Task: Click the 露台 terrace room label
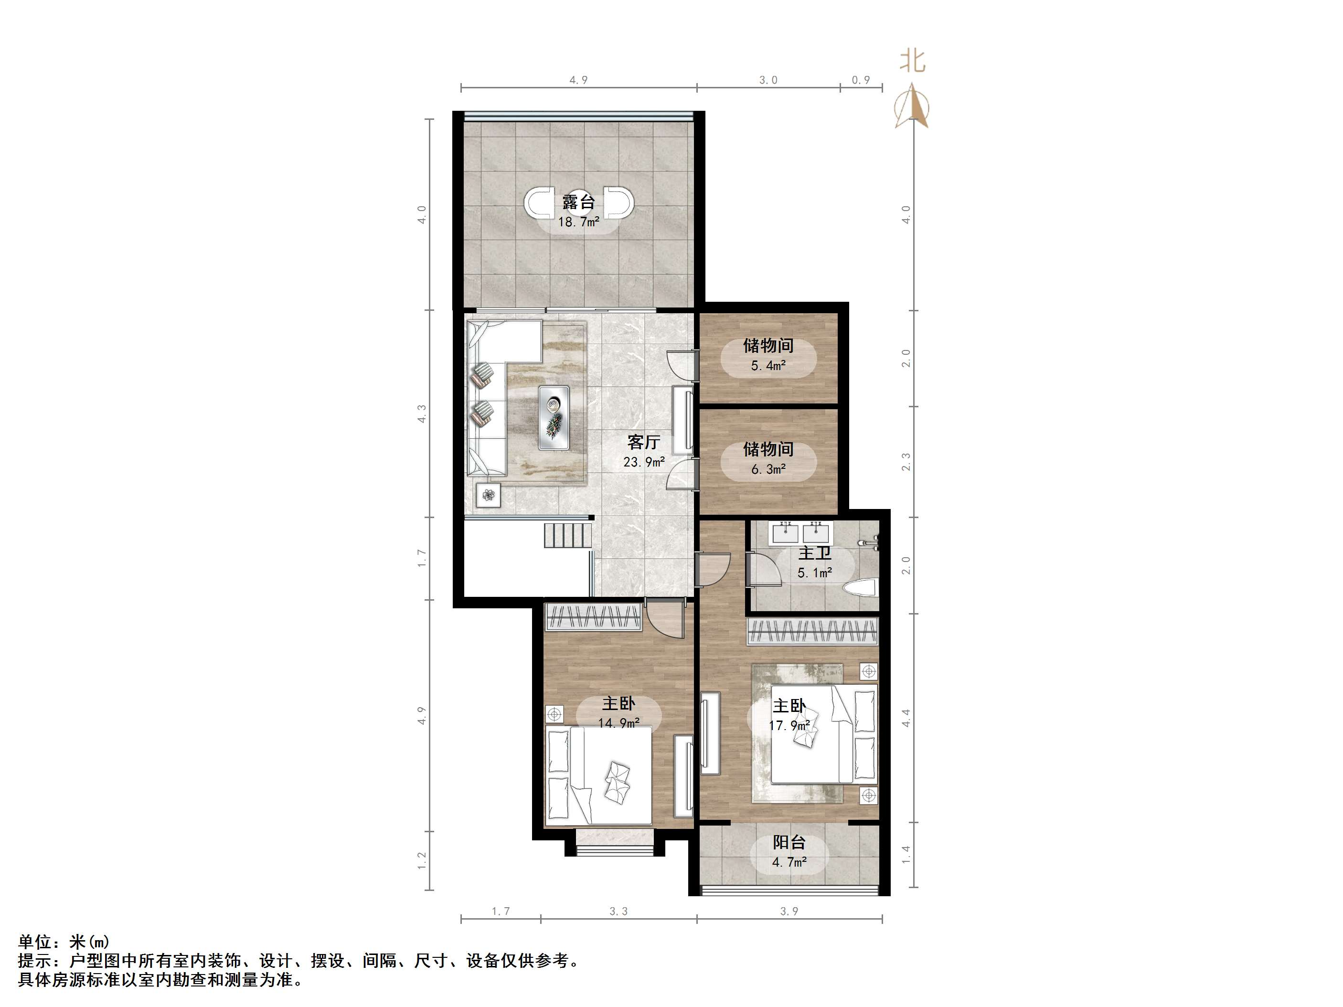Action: tap(578, 202)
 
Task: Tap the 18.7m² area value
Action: tap(578, 222)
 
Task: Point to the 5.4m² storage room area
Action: tap(768, 365)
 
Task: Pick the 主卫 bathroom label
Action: tap(814, 553)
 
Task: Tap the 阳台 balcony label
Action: tap(789, 842)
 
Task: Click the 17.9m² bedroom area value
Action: tap(789, 726)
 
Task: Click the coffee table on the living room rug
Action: tap(129, 418)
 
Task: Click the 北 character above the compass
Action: tap(913, 61)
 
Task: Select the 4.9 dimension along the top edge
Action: tap(578, 80)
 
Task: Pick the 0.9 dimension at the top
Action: tap(861, 80)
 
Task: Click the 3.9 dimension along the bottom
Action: tap(789, 911)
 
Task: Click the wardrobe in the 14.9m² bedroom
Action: tap(594, 617)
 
